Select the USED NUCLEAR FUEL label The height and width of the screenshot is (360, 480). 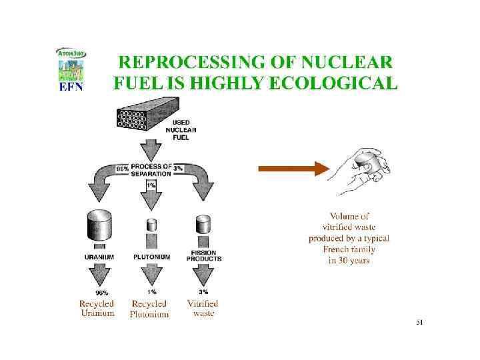tap(185, 130)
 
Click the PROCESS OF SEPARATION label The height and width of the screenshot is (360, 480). tap(151, 169)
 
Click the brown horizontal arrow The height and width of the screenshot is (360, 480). tap(293, 169)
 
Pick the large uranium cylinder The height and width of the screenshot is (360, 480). tap(98, 226)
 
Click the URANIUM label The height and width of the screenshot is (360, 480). tap(99, 257)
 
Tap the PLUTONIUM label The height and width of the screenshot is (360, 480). tap(151, 257)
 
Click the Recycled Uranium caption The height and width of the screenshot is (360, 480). tap(97, 309)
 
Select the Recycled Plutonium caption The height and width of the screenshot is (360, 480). tap(149, 309)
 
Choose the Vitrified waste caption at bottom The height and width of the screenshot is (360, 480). tap(203, 309)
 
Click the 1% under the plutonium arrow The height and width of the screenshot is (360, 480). tap(152, 292)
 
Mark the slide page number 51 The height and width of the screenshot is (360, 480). tap(419, 323)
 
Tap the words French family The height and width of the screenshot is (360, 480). tap(349, 249)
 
